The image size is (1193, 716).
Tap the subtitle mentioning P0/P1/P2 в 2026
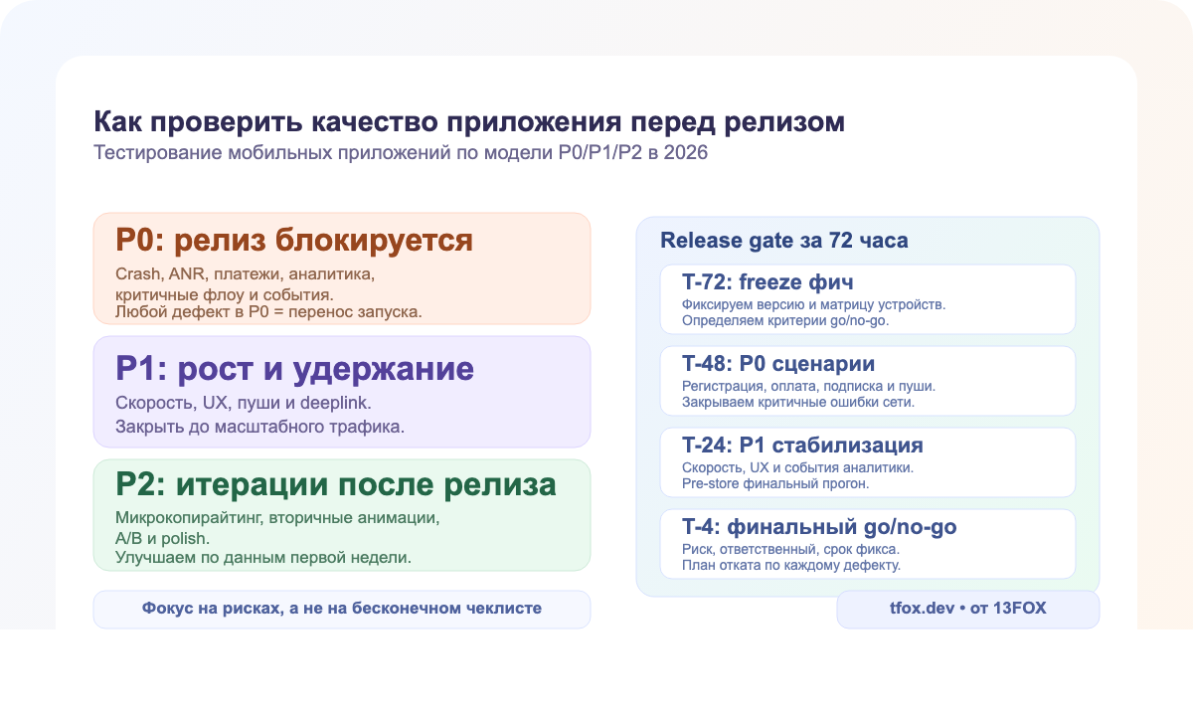pos(401,154)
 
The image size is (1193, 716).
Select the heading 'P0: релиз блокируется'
pos(294,241)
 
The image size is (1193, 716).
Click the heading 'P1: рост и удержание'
pos(294,369)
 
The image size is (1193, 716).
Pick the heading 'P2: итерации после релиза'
pos(335,484)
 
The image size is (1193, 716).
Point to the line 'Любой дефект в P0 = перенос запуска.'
pos(268,312)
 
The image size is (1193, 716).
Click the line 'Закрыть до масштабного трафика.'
pos(260,428)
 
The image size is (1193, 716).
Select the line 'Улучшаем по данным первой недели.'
pos(263,557)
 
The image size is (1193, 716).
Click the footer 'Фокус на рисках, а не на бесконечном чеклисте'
pos(342,608)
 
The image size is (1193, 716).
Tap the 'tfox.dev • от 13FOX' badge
pos(967,608)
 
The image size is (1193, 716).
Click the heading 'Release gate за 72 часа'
pos(783,241)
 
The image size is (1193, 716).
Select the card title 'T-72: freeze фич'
pos(767,282)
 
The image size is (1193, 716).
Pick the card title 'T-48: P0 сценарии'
pos(777,364)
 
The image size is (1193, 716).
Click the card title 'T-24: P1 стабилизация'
pos(802,445)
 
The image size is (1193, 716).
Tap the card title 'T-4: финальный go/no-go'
pos(819,526)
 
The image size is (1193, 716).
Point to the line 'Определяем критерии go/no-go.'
pos(784,321)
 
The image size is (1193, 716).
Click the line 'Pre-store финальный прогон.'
pos(775,484)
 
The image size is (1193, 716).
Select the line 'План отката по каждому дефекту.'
pos(790,566)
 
